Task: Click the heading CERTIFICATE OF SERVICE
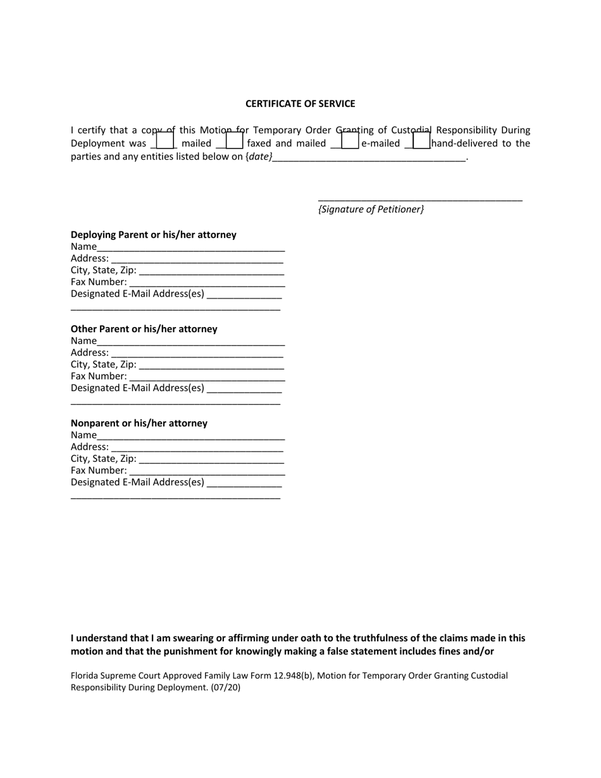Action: pos(300,104)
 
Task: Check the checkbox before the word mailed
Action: pos(164,140)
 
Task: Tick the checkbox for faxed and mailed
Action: pos(234,140)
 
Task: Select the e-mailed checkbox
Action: pos(350,140)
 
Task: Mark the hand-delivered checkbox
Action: pos(421,140)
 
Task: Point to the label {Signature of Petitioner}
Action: pos(371,209)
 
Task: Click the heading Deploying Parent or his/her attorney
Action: pos(154,235)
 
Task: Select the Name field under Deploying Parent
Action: pos(191,247)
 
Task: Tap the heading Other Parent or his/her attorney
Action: pos(144,329)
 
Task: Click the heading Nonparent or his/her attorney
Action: pos(139,423)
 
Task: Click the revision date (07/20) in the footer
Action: pos(226,688)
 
